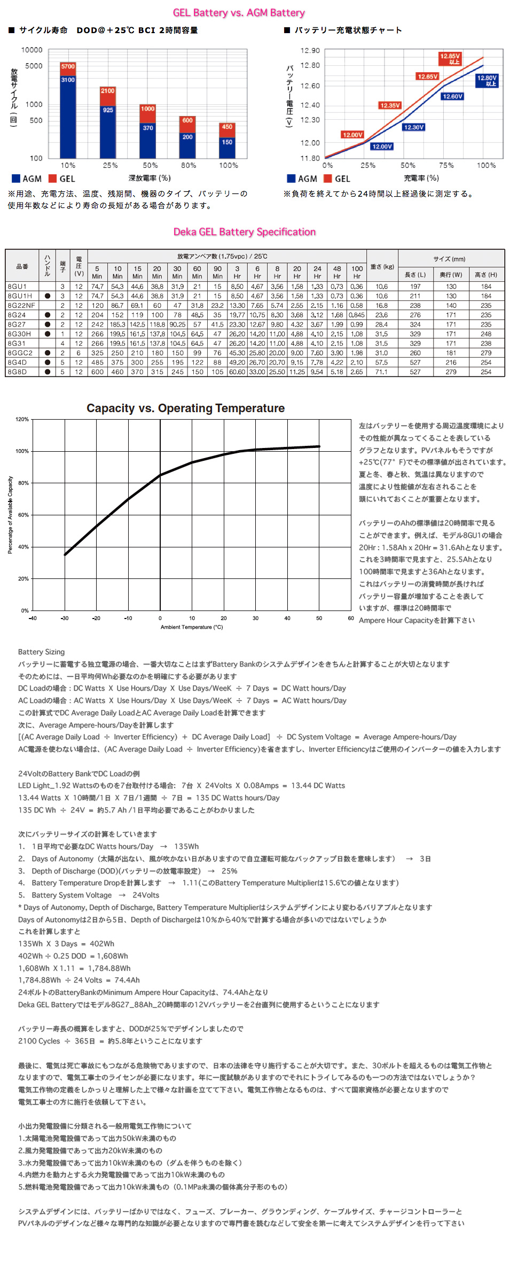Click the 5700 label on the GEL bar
point(68,67)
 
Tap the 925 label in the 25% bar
point(108,110)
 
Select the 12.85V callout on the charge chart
point(450,59)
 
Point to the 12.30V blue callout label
point(413,127)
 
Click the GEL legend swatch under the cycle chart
point(52,179)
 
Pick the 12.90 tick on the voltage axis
point(310,51)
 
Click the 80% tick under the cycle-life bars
point(188,166)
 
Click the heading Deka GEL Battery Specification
point(244,232)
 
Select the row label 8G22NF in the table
point(21,306)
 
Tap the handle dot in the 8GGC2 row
point(48,353)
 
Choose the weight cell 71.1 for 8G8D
point(381,372)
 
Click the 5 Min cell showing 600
point(97,372)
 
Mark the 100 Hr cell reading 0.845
point(357,315)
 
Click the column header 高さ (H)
point(485,275)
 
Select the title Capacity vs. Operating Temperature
point(185,408)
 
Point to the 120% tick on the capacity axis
point(22,420)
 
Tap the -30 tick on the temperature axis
point(65,619)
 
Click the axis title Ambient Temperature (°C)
point(192,627)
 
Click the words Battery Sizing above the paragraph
point(41,652)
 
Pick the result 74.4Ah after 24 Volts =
point(127,980)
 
